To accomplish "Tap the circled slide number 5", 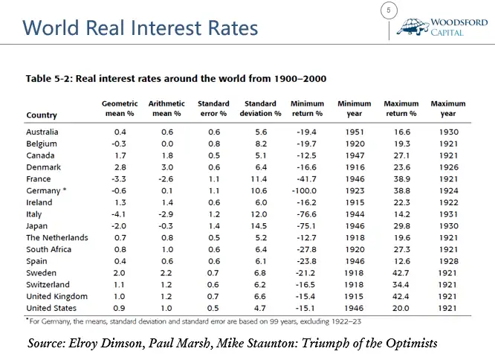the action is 389,10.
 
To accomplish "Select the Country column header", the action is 42,115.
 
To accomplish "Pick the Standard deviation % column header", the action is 260,109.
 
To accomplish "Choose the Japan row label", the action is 37,226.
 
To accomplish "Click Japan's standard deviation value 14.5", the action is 259,226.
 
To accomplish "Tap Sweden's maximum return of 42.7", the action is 401,273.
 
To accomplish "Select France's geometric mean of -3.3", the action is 119,179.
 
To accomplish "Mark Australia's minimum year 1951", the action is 355,132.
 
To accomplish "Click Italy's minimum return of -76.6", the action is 306,214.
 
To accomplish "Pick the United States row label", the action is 51,308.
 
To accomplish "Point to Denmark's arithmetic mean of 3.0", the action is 167,167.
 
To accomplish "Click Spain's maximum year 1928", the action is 449,261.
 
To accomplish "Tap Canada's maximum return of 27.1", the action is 401,155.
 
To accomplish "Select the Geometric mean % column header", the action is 120,109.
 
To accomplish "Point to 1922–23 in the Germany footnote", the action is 346,321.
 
